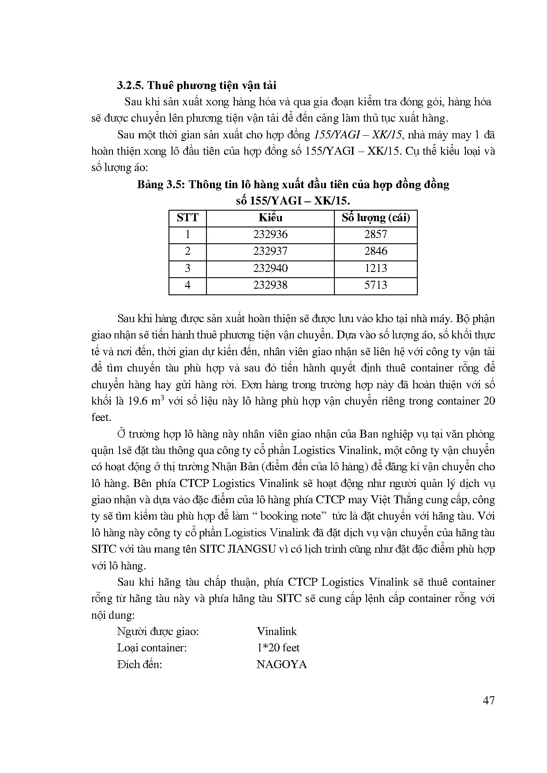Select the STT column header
tap(187, 218)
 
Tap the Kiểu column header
tap(270, 218)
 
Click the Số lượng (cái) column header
tap(376, 218)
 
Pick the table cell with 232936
tap(270, 234)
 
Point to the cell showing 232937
tap(270, 251)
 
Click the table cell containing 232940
tap(270, 268)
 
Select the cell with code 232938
tap(270, 285)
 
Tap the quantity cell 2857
tap(376, 234)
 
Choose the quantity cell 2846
tap(376, 251)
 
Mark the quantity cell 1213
tap(376, 268)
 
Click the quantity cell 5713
tap(376, 285)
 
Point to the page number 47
tap(489, 700)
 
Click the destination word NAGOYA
tap(281, 665)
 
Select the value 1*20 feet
tap(278, 648)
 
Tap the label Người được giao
tap(158, 632)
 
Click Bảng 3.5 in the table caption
tap(160, 184)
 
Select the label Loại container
tap(152, 648)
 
